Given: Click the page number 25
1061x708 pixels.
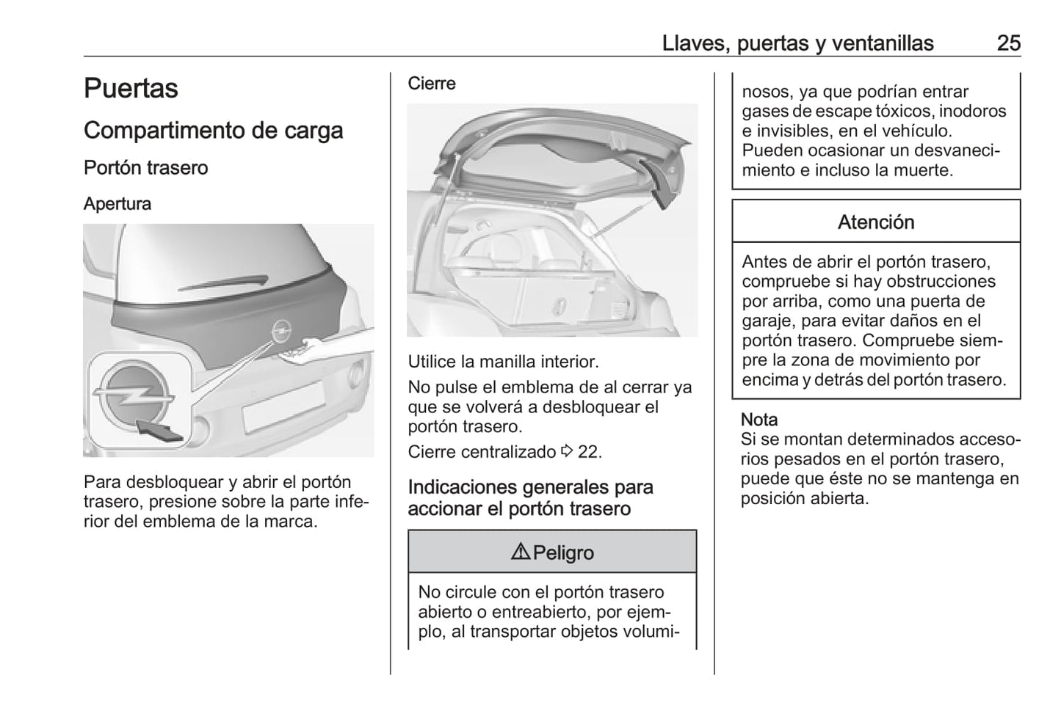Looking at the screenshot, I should [x=1008, y=43].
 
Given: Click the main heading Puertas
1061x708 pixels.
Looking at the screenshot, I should [x=131, y=89].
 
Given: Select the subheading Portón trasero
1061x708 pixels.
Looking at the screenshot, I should [x=145, y=168].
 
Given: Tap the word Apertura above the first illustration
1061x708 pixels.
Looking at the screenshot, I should [x=117, y=204].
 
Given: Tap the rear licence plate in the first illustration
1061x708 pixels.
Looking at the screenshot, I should [x=283, y=406].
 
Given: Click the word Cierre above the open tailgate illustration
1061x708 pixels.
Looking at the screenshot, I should [x=432, y=84].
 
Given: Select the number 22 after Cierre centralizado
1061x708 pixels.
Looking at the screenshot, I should [x=589, y=452].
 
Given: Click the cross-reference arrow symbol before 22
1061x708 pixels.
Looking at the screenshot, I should [x=567, y=452].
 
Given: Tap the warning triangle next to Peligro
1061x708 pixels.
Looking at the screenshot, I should [x=520, y=552].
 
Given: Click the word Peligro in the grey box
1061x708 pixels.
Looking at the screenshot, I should [x=563, y=552].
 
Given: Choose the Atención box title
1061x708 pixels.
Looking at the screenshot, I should [x=876, y=222].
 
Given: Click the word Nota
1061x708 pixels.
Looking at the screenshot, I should [x=758, y=420].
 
